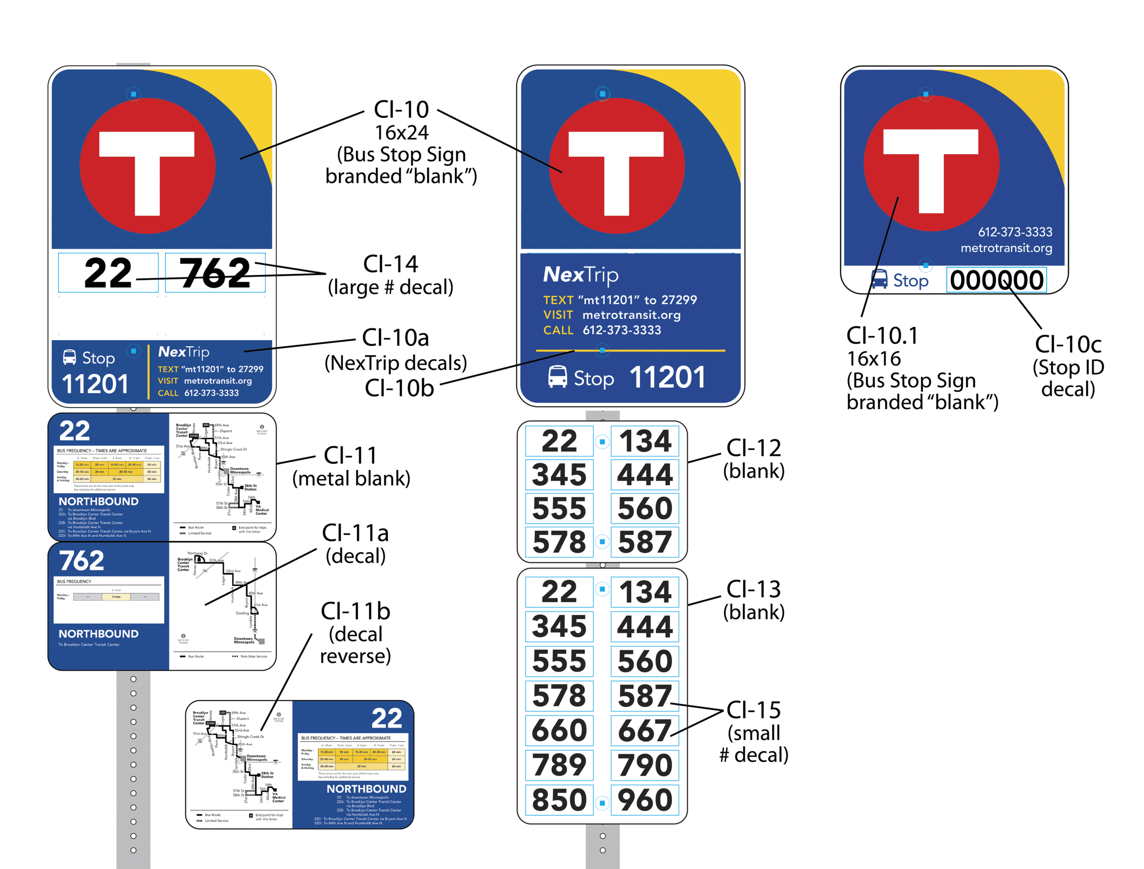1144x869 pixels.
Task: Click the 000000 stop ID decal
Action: [996, 280]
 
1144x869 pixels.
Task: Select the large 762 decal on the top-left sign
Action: [215, 273]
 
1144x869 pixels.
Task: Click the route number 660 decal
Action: [559, 730]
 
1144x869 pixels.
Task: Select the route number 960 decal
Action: [645, 800]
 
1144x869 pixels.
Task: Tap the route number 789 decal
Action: [559, 764]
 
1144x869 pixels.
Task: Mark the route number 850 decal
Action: [559, 800]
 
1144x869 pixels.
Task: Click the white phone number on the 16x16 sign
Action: [1015, 232]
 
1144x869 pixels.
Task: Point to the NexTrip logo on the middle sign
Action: [580, 275]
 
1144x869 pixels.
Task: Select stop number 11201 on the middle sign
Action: [668, 377]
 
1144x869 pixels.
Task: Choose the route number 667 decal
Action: [645, 730]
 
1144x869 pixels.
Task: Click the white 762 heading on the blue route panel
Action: [82, 560]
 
